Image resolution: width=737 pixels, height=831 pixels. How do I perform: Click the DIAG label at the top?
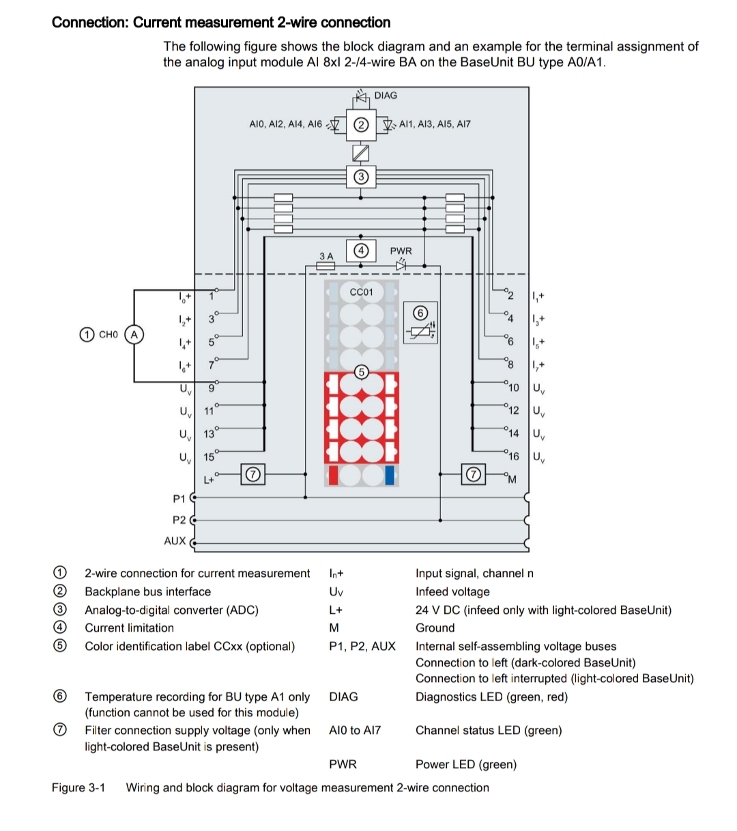coord(386,96)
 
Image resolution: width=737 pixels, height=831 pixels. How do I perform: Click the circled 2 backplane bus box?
coord(361,124)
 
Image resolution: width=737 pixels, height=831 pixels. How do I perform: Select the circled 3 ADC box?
coord(361,177)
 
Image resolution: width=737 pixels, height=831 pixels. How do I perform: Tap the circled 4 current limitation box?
coord(361,251)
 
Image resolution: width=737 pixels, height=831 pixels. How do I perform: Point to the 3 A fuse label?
coord(326,256)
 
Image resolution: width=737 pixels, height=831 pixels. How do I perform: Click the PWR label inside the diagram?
coord(401,251)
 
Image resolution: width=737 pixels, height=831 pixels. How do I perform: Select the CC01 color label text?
coord(361,292)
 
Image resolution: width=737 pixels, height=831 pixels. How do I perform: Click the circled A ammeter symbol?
coord(134,335)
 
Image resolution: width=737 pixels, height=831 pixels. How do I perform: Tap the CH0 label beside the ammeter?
coord(109,335)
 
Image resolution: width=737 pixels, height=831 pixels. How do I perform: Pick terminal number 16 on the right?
coord(513,456)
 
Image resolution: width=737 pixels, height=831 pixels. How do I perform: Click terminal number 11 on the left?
coord(209,412)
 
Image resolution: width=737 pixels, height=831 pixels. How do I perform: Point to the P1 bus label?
coord(179,498)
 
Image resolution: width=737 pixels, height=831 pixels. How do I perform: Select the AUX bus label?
coord(175,541)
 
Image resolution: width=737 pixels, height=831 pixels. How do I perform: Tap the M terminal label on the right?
coord(512,479)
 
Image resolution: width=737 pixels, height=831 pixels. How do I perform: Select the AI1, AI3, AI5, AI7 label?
coord(435,124)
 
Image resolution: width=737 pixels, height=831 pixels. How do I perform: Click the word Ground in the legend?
coord(435,628)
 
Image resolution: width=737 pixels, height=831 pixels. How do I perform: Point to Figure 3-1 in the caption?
coord(78,788)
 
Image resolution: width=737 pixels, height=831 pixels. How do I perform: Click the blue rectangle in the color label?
coord(390,475)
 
